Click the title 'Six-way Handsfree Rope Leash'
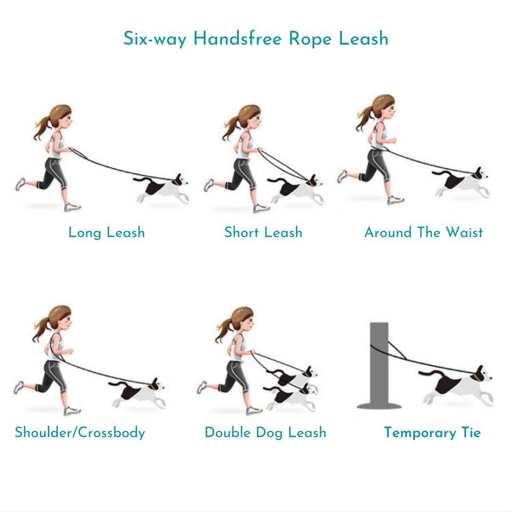pos(256,38)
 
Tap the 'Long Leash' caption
pos(107,232)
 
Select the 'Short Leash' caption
pos(263,232)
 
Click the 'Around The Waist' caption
pos(423,232)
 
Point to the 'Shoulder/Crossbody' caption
pos(80,432)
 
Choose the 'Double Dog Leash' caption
pos(265,432)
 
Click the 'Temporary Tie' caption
pos(432,432)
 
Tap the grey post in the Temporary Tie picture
pos(379,366)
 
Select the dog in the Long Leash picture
pos(162,189)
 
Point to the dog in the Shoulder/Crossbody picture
pos(137,393)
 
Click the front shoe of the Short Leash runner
pos(261,208)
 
